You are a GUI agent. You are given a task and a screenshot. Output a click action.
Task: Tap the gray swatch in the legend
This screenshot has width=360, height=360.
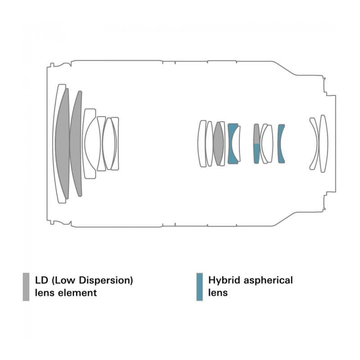(26, 287)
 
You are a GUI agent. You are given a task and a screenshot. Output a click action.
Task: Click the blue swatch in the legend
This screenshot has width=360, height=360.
(199, 287)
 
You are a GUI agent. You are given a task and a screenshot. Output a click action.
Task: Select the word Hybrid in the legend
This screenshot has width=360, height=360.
(223, 280)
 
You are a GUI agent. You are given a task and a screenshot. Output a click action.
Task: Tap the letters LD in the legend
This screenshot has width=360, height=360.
(41, 280)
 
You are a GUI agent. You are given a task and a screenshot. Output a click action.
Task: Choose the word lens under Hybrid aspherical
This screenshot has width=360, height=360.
(218, 293)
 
